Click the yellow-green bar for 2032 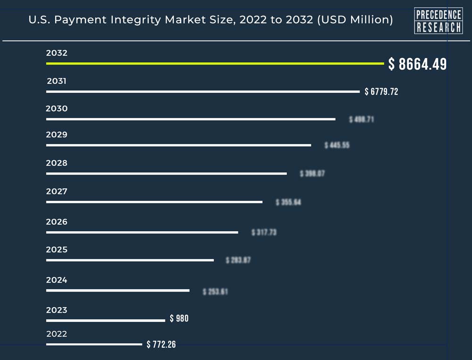click(x=215, y=63)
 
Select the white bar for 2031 click(x=203, y=92)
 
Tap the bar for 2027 click(x=154, y=202)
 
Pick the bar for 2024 click(x=118, y=291)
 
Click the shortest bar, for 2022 click(x=94, y=344)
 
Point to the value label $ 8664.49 click(x=417, y=64)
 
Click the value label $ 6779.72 click(x=381, y=92)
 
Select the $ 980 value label click(x=179, y=318)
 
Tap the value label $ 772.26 click(x=161, y=344)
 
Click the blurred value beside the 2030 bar click(x=362, y=119)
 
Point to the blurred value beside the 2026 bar click(x=264, y=232)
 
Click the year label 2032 click(x=57, y=53)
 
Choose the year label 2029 click(x=57, y=134)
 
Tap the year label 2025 click(x=57, y=250)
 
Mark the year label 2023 click(x=57, y=310)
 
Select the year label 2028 click(x=57, y=163)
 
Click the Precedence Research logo click(x=438, y=21)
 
